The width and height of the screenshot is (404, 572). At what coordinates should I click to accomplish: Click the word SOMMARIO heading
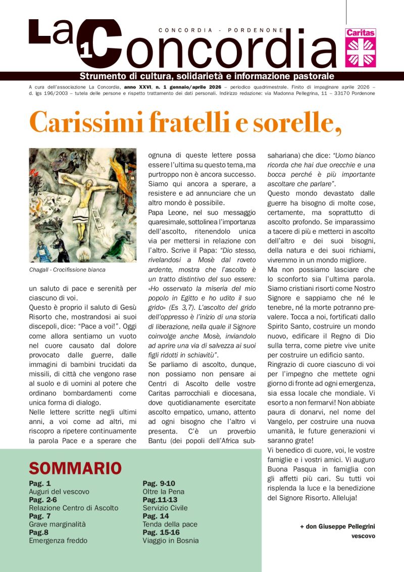[75, 468]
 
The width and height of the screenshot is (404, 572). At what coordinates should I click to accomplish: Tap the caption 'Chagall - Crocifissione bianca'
[67, 270]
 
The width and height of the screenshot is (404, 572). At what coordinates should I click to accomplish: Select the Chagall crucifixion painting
[83, 205]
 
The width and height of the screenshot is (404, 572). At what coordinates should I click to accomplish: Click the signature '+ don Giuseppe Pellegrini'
[337, 527]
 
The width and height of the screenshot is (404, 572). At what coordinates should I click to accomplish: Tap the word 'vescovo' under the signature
[363, 536]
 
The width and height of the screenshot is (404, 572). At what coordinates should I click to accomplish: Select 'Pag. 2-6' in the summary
[43, 500]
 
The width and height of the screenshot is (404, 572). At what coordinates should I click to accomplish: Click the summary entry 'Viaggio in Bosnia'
[170, 541]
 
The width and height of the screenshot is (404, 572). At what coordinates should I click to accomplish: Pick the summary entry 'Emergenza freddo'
[58, 541]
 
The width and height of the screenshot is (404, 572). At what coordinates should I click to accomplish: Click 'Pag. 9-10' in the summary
[159, 483]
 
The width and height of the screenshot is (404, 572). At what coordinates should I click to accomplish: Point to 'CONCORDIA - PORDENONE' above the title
[221, 30]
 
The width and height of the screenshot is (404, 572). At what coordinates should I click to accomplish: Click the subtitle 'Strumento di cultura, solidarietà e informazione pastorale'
[207, 76]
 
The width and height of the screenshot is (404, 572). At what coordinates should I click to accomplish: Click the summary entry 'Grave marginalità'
[57, 524]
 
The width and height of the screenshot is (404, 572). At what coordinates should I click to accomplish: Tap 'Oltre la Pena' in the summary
[163, 491]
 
